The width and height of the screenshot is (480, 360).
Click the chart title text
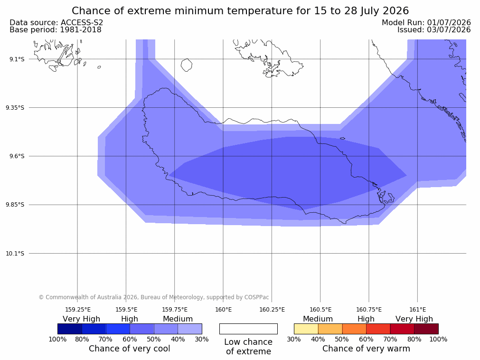click(x=240, y=11)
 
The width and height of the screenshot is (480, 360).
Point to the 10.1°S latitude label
click(x=15, y=254)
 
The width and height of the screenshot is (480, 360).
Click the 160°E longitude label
click(x=223, y=310)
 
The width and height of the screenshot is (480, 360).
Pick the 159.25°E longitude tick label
click(x=77, y=310)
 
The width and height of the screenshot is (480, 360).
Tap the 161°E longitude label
click(x=417, y=310)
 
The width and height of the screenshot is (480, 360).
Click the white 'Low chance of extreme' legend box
click(x=248, y=329)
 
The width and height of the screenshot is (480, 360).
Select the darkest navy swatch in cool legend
click(x=70, y=329)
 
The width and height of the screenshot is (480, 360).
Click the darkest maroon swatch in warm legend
click(x=426, y=329)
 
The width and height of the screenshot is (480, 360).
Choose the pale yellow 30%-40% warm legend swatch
click(x=306, y=329)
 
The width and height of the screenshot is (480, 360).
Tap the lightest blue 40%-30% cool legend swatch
click(x=190, y=329)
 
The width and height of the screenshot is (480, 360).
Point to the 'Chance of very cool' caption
click(x=130, y=349)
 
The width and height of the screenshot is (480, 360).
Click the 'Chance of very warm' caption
click(x=366, y=349)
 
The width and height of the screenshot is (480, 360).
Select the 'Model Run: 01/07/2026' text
click(x=426, y=23)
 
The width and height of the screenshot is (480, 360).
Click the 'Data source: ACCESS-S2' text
click(x=56, y=23)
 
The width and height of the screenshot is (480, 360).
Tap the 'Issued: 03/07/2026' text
click(x=434, y=30)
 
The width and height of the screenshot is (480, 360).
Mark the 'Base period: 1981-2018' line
click(x=56, y=30)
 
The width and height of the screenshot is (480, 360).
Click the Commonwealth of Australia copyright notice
click(x=154, y=297)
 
